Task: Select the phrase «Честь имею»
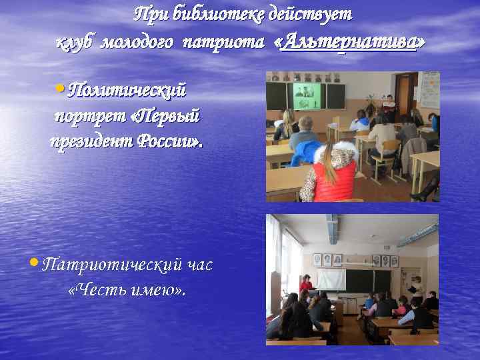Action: pos(127,290)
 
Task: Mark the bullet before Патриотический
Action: pos(33,265)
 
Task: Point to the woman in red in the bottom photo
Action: pos(306,285)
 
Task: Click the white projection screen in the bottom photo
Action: pos(331,279)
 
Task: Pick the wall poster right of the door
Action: pos(429,89)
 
